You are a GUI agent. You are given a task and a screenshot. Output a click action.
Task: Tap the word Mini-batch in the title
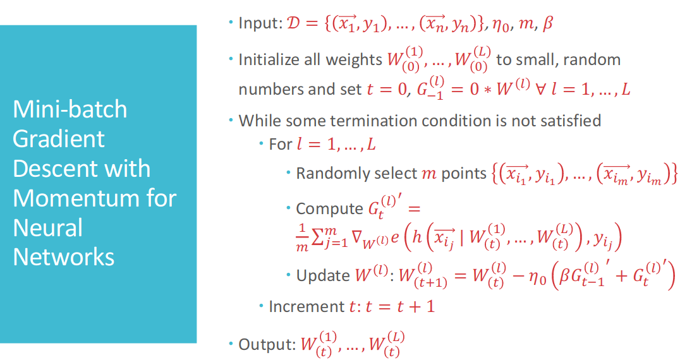70,109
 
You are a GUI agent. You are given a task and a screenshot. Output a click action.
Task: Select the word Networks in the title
64,257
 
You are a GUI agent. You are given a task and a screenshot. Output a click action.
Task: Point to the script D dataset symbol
293,23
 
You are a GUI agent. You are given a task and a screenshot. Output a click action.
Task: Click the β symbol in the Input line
548,23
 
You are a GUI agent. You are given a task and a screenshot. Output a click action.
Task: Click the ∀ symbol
540,89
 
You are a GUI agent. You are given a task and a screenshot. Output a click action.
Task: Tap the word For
281,144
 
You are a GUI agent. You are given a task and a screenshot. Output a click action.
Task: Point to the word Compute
329,208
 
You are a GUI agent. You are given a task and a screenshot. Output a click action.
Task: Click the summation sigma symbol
317,237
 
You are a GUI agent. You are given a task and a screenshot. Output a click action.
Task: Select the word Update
323,275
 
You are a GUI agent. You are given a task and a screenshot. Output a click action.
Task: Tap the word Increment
307,306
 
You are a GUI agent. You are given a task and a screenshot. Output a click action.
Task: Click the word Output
267,344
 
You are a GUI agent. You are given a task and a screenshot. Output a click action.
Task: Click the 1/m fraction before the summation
302,238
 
